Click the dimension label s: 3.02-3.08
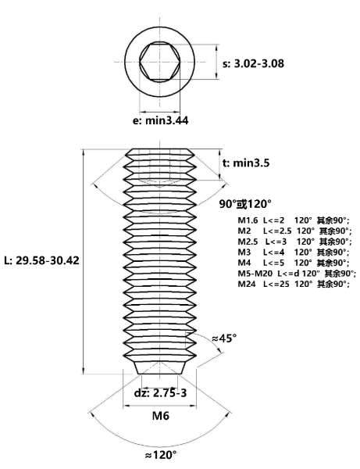253,63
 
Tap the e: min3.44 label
160,120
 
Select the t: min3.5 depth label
246,163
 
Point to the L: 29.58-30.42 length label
42,260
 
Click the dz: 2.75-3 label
160,392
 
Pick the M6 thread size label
161,416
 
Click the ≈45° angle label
224,338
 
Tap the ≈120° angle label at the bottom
160,455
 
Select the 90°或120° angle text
245,204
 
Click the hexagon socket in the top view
160,62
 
